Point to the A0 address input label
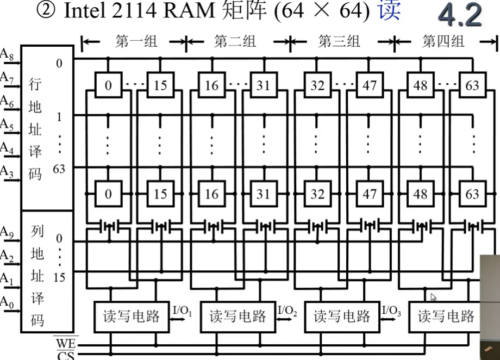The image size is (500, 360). click(x=7, y=301)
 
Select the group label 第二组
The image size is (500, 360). click(x=235, y=41)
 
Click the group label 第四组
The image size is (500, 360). click(x=443, y=41)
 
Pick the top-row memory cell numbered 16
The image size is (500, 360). click(x=211, y=85)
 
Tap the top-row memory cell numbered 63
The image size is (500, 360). click(x=472, y=85)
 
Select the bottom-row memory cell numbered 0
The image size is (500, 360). click(x=108, y=194)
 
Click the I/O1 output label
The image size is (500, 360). click(x=183, y=311)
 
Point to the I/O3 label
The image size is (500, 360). click(x=392, y=311)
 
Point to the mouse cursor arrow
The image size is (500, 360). click(x=433, y=297)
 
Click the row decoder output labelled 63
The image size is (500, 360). click(x=59, y=169)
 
